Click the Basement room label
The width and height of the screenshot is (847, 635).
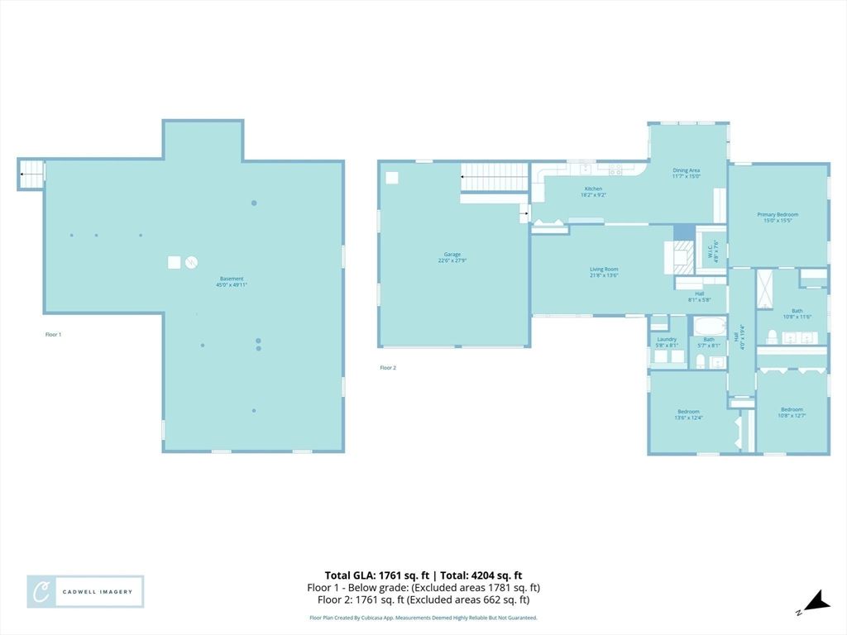(232, 281)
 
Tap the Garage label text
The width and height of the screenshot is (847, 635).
(452, 257)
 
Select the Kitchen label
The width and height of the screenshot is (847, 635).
(594, 192)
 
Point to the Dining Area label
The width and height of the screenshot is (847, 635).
(686, 173)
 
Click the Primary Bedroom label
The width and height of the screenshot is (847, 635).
(778, 217)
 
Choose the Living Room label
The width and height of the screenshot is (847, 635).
(603, 272)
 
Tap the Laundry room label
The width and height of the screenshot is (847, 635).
(667, 341)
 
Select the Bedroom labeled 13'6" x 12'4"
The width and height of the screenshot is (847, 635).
(688, 414)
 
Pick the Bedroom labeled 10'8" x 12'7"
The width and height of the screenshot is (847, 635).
(792, 412)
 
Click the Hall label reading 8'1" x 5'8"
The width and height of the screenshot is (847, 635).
(699, 297)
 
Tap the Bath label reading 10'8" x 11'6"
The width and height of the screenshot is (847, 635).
(797, 313)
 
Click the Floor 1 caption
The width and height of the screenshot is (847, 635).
(53, 334)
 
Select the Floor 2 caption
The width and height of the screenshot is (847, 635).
(388, 367)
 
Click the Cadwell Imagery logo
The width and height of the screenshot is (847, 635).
(85, 591)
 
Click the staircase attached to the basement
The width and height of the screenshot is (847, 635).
(31, 174)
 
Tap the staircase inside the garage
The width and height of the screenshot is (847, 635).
(494, 177)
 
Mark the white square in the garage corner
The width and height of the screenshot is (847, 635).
(392, 177)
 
